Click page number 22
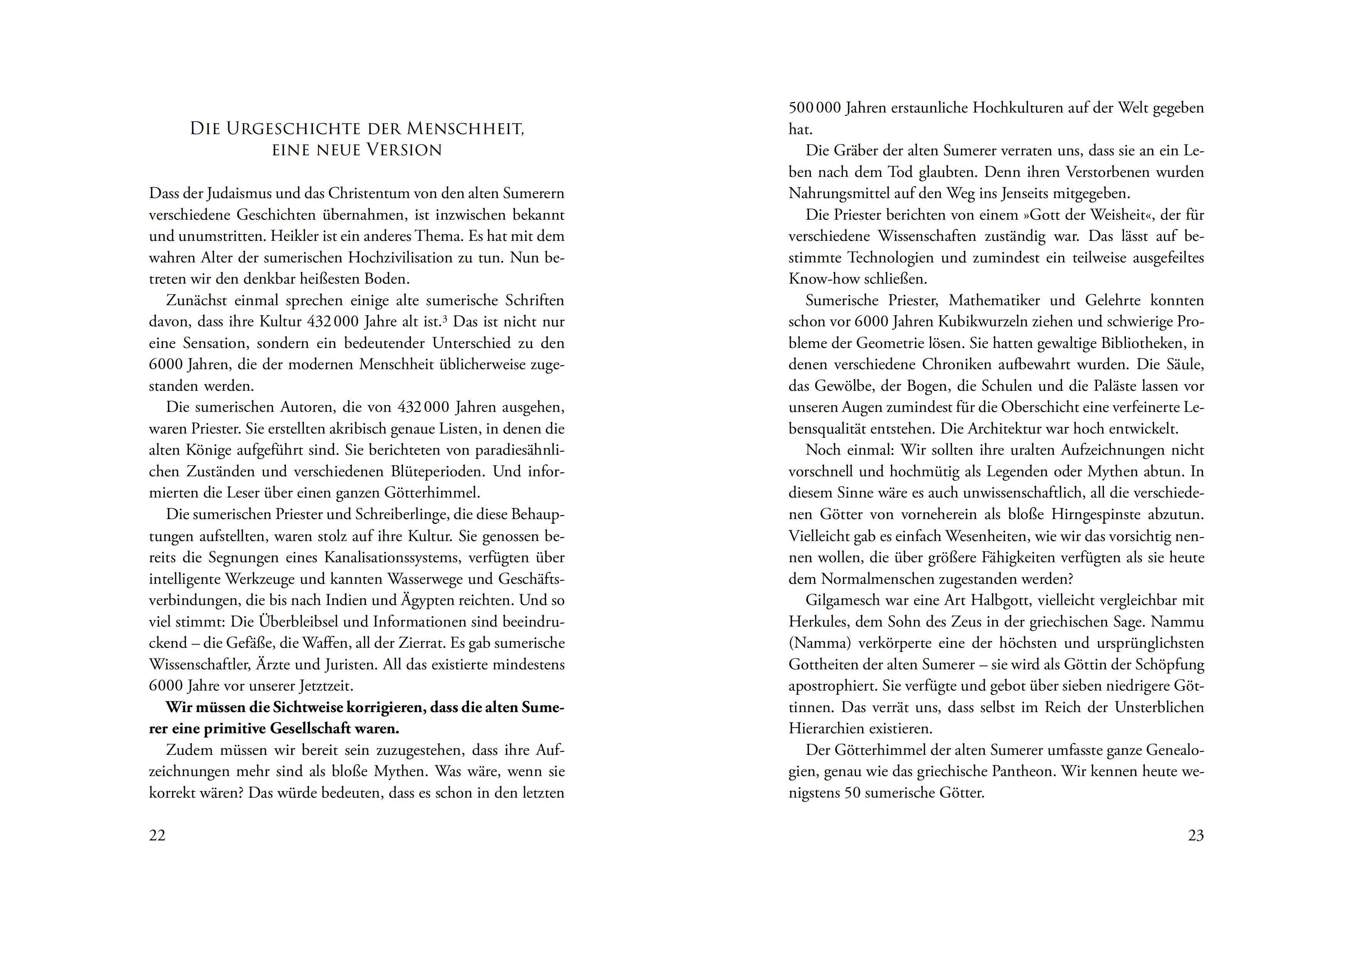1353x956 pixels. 157,835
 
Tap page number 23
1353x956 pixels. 1196,835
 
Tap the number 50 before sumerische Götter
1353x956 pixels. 853,793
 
